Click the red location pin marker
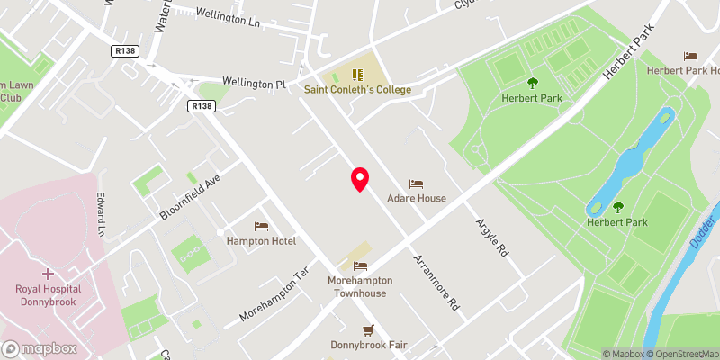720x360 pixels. tap(359, 179)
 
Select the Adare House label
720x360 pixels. tap(416, 198)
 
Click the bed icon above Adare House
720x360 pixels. tap(416, 184)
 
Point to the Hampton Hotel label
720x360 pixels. tap(261, 241)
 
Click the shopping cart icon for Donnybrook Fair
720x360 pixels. tap(367, 330)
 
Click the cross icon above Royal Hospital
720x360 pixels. tap(48, 273)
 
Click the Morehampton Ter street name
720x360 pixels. tap(274, 294)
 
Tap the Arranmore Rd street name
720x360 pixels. tap(436, 281)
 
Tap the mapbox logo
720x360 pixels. tap(40, 348)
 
